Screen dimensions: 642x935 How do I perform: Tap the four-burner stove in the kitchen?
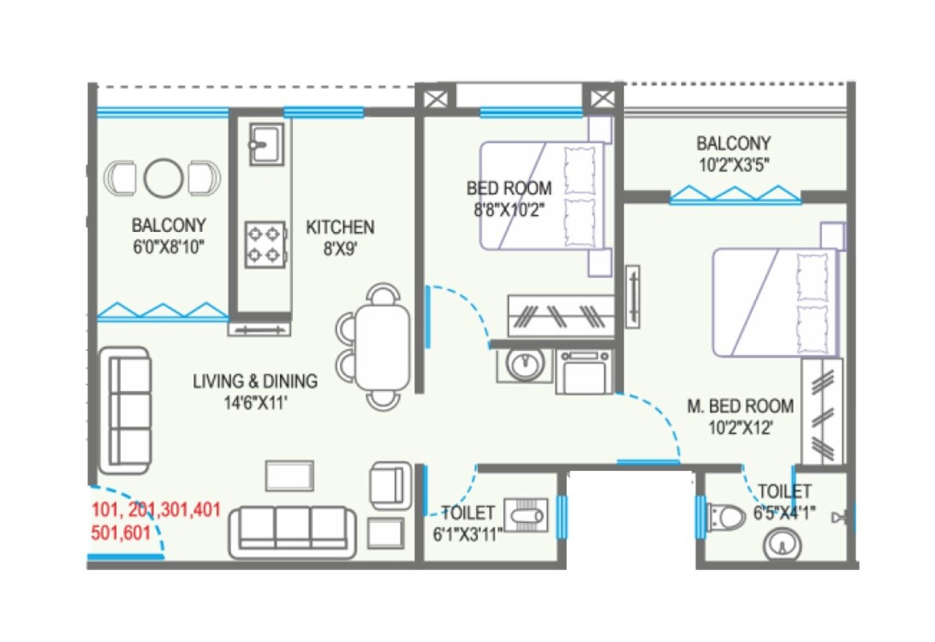[x=265, y=243]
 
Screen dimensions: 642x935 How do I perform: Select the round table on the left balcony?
[x=163, y=178]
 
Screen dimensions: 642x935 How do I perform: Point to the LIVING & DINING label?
[x=254, y=390]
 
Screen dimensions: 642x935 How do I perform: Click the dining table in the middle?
[x=382, y=348]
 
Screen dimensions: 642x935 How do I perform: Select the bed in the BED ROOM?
[x=539, y=196]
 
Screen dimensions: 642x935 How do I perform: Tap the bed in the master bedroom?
[x=775, y=302]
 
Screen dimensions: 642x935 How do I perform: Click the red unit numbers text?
[x=155, y=520]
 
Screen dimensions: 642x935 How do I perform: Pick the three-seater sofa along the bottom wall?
[x=292, y=532]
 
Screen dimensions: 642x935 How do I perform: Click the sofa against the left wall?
[x=125, y=410]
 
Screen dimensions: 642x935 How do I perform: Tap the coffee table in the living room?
[x=289, y=476]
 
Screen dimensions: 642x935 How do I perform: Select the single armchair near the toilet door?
[x=390, y=484]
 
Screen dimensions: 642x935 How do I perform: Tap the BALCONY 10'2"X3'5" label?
[x=733, y=154]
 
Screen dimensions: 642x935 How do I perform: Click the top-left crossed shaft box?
[x=435, y=96]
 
